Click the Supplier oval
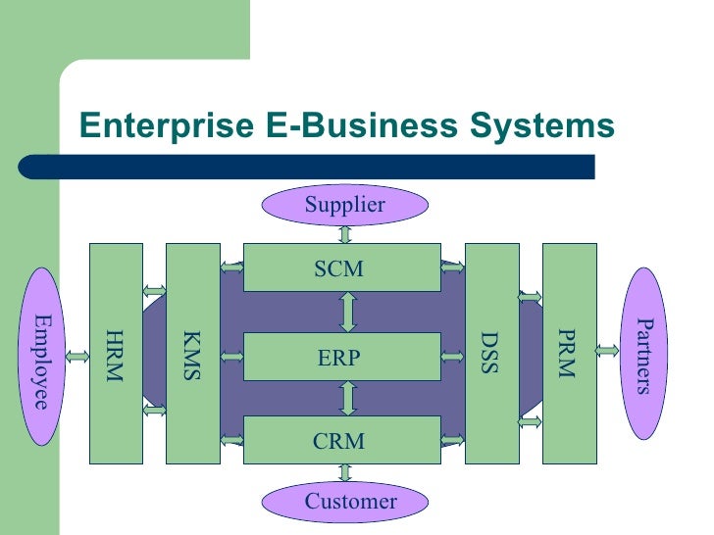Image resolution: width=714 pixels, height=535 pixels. tap(344, 205)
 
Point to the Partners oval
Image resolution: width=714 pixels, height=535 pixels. tap(644, 354)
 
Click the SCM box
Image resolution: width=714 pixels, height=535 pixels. tap(340, 268)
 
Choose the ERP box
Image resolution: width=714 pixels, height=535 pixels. tap(340, 357)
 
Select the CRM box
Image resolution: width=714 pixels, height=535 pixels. tap(340, 441)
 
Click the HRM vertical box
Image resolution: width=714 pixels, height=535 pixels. tap(116, 354)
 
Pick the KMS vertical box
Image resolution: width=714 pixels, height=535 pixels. tap(192, 354)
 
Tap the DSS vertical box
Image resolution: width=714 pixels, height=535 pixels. tap(490, 354)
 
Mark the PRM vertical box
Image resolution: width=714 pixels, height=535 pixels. tap(568, 354)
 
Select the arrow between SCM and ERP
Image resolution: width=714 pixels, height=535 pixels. tap(347, 312)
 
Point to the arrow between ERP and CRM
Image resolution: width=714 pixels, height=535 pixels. tap(347, 398)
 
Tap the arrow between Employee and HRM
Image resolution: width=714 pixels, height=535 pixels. tap(76, 356)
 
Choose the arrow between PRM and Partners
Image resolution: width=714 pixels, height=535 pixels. tap(606, 348)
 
